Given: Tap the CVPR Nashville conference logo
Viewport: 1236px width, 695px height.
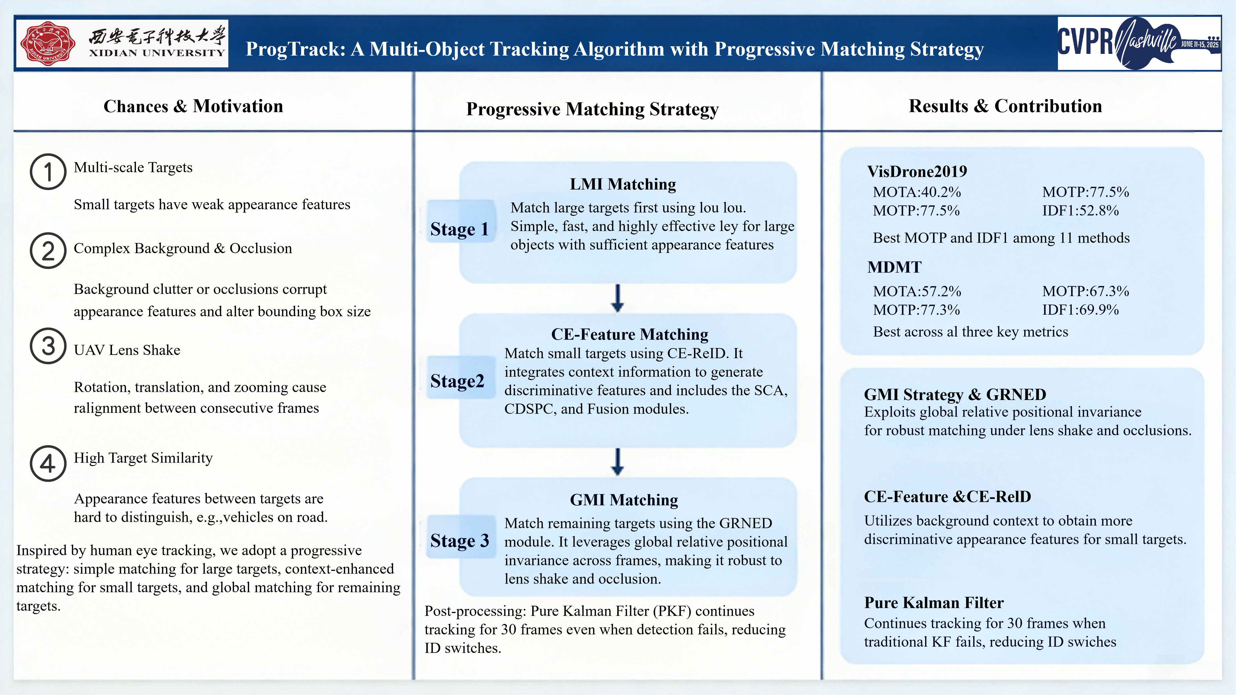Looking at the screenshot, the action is click(x=1139, y=43).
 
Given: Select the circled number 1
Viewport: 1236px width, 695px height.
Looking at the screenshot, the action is click(x=48, y=172).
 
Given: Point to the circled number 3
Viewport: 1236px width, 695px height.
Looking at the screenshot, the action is click(x=48, y=346).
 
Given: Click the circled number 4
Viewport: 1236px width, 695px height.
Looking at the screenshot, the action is click(x=48, y=463).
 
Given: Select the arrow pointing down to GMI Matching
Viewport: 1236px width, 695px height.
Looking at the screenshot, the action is click(x=618, y=462).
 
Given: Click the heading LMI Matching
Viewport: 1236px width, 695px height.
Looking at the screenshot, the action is click(x=623, y=184).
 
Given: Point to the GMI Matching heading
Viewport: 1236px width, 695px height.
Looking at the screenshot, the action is click(x=624, y=500).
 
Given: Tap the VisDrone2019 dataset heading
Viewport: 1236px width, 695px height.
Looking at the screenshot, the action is click(x=917, y=171).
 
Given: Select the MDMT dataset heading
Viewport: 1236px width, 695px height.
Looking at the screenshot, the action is click(x=894, y=267).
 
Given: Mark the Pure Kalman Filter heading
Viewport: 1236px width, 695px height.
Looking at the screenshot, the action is click(x=934, y=602).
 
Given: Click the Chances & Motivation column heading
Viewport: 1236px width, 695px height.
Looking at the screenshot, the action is click(x=194, y=106).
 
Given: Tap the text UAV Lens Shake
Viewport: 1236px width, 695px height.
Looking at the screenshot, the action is click(x=127, y=350).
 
